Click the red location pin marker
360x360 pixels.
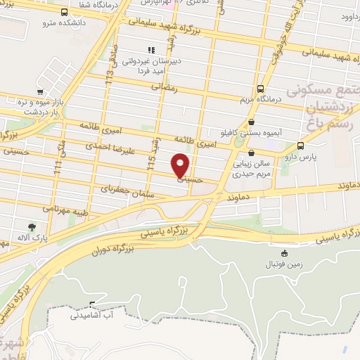(x=181, y=165)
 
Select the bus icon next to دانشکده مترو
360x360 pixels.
(x=65, y=12)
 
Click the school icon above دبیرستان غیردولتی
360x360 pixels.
(x=150, y=50)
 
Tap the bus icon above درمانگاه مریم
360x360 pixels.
(x=261, y=89)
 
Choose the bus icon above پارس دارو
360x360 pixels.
(x=302, y=146)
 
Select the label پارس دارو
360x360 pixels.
(x=304, y=157)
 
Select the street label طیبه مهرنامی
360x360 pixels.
(x=63, y=208)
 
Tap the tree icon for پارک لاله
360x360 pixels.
(x=32, y=226)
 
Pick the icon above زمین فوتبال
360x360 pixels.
(x=284, y=254)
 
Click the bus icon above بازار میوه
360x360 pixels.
(x=41, y=91)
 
